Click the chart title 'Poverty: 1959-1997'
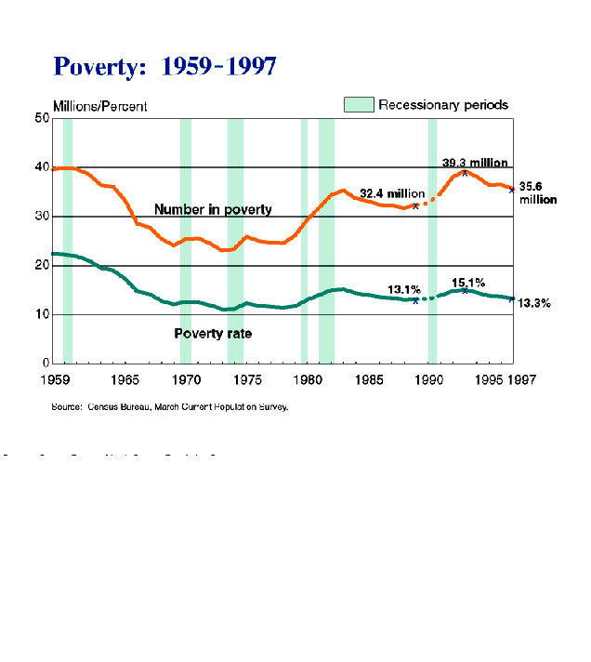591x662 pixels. tap(164, 67)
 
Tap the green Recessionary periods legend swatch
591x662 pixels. tap(359, 105)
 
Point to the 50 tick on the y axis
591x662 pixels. tap(43, 118)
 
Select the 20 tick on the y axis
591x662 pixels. tap(43, 265)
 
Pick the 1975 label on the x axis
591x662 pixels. tap(245, 379)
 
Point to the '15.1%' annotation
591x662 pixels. tap(468, 282)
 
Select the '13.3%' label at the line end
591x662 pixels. tap(534, 303)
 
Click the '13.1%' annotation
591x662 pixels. tap(405, 288)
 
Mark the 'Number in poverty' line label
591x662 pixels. tap(213, 210)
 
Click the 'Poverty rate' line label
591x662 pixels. tap(213, 333)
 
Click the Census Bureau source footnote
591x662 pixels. tap(170, 406)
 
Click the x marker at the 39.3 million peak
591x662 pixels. tap(465, 173)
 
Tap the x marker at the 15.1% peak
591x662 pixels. tap(465, 291)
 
